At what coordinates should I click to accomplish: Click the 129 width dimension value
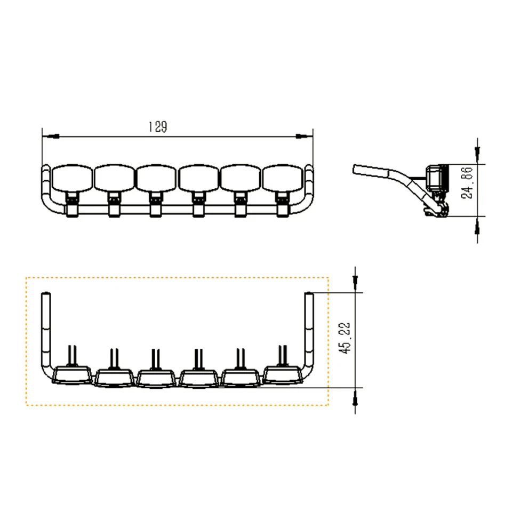(157, 127)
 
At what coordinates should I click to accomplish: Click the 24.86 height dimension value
(467, 182)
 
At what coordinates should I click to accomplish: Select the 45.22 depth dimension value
(346, 339)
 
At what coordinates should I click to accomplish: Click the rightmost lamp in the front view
(283, 178)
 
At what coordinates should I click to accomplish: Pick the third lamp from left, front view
(156, 178)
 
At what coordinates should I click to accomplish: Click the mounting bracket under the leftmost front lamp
(71, 205)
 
